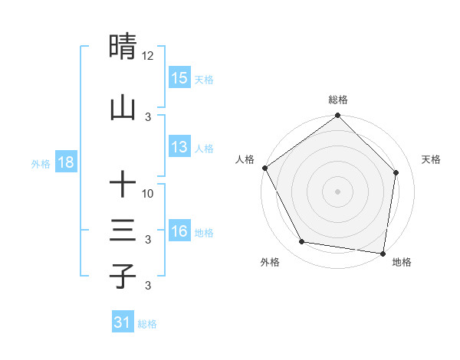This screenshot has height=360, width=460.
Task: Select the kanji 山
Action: pos(123,107)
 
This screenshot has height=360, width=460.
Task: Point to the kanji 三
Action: pos(123,231)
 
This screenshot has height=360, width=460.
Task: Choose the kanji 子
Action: pos(123,276)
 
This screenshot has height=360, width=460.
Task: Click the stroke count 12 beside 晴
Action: pos(148,56)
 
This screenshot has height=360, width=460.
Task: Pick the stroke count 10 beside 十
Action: pos(148,194)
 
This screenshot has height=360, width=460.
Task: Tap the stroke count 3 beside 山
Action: pos(148,117)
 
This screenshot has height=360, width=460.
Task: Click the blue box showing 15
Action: pos(179,78)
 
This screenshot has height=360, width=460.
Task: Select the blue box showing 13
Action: pos(179,148)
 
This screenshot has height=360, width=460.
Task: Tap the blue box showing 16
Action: pos(179,231)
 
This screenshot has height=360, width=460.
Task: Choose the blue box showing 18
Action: pos(65,162)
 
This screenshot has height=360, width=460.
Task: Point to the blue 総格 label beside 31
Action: pos(147,324)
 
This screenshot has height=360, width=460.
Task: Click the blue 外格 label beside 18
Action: pos(41,163)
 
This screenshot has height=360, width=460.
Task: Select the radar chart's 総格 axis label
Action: pos(338,100)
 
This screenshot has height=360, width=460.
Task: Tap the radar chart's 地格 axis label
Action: pos(402,262)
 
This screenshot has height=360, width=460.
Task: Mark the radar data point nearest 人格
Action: pos(264,168)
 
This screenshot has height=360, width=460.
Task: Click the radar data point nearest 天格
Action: pos(396,172)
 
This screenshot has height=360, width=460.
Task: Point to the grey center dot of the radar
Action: pos(337,191)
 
